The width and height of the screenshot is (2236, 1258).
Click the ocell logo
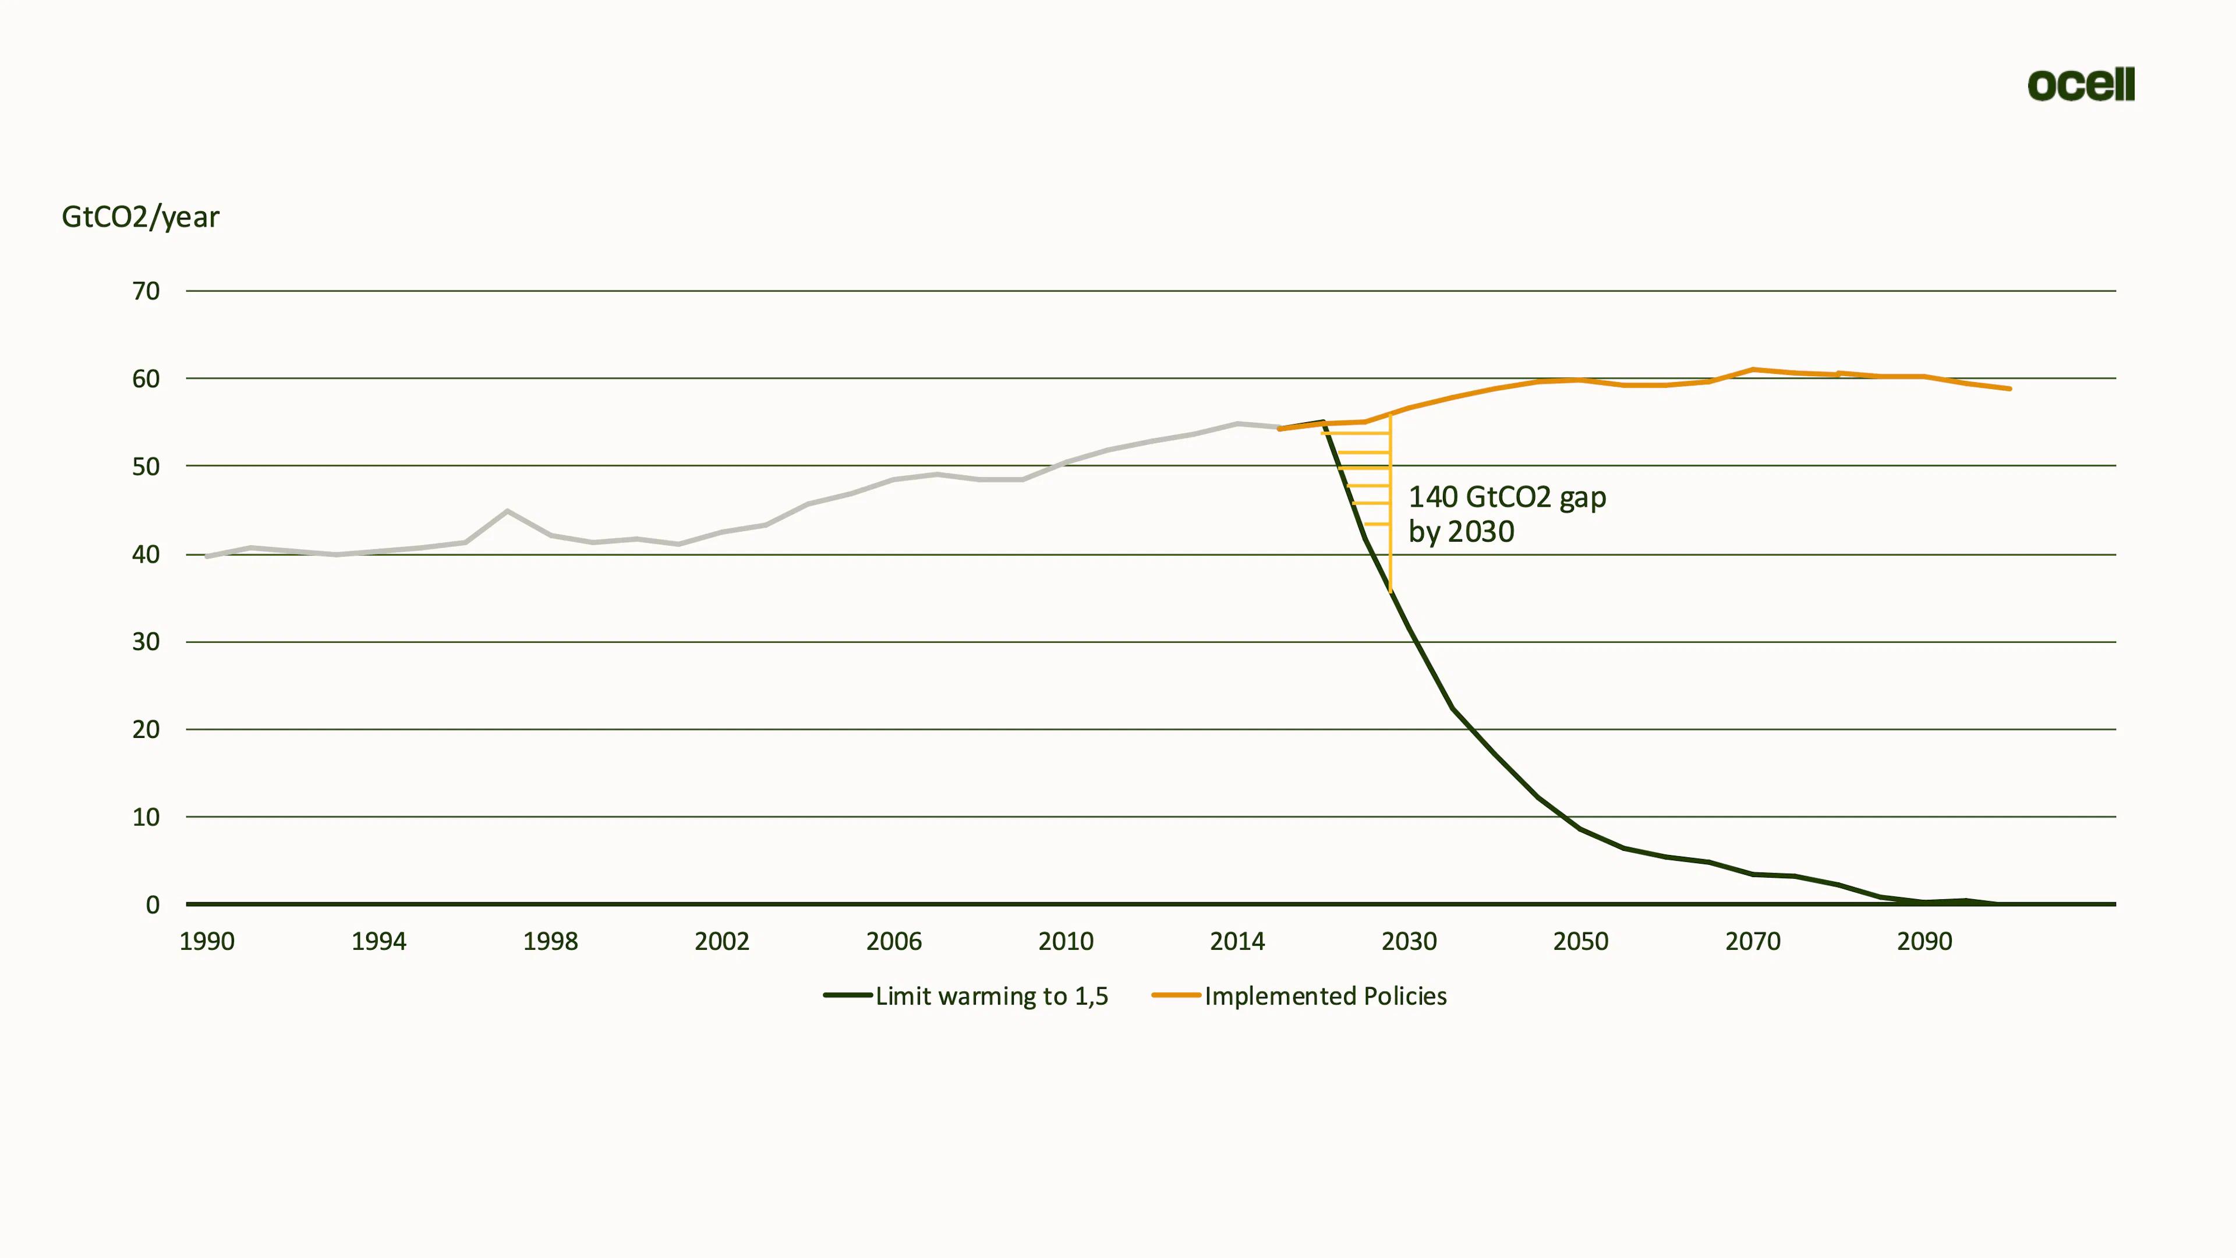pyautogui.click(x=2081, y=84)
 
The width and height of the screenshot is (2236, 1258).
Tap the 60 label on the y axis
pyautogui.click(x=146, y=379)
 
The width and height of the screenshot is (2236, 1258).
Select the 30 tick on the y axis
pyautogui.click(x=146, y=642)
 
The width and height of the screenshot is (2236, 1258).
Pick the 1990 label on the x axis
pyautogui.click(x=207, y=941)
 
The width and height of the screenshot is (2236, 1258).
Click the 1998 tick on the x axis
pyautogui.click(x=550, y=941)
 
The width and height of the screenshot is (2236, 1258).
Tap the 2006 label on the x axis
pyautogui.click(x=894, y=941)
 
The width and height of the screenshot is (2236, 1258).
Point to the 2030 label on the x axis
pyautogui.click(x=1409, y=941)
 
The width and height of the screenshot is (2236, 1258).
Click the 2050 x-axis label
pyautogui.click(x=1581, y=941)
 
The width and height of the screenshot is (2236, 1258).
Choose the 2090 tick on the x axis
pyautogui.click(x=1924, y=941)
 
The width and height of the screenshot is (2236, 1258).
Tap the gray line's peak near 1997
pyautogui.click(x=508, y=511)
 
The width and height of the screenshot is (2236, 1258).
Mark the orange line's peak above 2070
pyautogui.click(x=1753, y=370)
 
